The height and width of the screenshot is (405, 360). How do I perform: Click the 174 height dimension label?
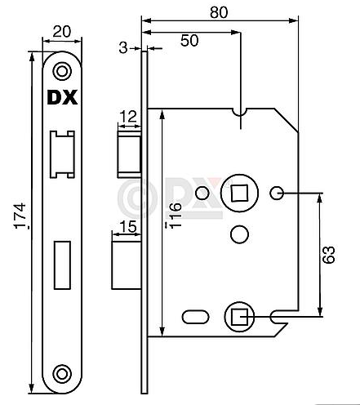click(20, 216)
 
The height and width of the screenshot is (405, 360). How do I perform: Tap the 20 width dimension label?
click(62, 32)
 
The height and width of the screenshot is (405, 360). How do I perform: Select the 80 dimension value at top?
click(219, 12)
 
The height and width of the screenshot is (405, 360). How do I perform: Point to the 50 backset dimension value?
click(189, 41)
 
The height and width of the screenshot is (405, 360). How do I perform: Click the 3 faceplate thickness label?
click(123, 48)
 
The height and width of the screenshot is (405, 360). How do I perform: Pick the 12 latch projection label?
click(128, 117)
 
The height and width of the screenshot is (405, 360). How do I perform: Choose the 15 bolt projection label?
click(128, 227)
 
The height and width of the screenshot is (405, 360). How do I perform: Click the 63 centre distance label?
click(328, 255)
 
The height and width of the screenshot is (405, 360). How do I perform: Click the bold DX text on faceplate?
click(62, 97)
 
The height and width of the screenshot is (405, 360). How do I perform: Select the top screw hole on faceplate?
click(62, 72)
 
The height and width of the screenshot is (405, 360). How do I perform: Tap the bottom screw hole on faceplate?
click(62, 374)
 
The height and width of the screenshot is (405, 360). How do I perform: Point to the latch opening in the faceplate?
click(62, 154)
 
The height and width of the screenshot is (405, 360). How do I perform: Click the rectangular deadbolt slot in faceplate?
click(62, 265)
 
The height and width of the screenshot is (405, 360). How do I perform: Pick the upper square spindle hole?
click(239, 194)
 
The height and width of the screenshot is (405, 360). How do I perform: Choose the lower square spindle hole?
click(239, 317)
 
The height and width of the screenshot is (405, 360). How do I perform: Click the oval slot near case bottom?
click(195, 317)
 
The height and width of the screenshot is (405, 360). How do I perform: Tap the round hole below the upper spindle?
click(239, 234)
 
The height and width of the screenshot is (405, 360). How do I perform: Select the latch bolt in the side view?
click(130, 154)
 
